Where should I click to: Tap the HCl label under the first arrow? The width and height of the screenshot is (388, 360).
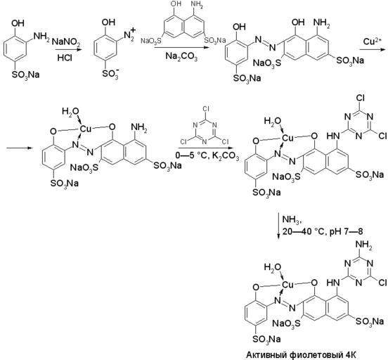pos(65,58)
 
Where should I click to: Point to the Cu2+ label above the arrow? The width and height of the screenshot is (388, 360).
pos(372,41)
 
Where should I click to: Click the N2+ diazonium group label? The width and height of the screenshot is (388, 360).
pos(129,34)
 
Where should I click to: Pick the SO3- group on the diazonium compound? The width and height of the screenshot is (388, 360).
pos(110,73)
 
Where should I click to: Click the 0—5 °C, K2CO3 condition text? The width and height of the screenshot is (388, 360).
pos(207,157)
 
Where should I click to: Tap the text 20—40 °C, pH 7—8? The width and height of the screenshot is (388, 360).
pos(323,231)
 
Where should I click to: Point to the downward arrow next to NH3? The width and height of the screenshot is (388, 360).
pos(279,226)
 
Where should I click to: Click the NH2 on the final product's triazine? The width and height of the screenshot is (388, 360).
pos(364,245)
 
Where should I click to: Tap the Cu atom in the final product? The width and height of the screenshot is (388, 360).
pos(287,285)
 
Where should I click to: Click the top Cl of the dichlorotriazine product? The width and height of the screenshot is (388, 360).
pos(360,98)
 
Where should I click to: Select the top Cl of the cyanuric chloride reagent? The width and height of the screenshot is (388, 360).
pos(206,109)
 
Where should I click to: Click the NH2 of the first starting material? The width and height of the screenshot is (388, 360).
pos(41,37)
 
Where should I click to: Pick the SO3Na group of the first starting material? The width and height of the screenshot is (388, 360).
pos(26,75)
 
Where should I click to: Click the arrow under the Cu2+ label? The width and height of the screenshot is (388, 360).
pos(373,50)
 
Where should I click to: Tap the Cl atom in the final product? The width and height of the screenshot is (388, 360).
pos(382,282)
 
